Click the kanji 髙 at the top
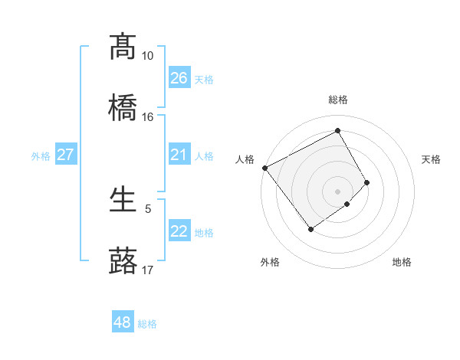click(123, 47)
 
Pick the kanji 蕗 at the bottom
click(123, 260)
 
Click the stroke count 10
click(147, 56)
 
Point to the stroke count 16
click(147, 117)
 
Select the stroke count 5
click(148, 208)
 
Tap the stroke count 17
click(147, 270)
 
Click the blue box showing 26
click(179, 77)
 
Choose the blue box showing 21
click(179, 155)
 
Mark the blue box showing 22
click(179, 231)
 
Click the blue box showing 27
click(65, 155)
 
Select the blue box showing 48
click(123, 322)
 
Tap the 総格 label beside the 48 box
click(147, 324)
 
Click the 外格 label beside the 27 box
click(41, 156)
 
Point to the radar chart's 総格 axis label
click(338, 100)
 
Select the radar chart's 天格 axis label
click(432, 159)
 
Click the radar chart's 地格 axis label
click(402, 263)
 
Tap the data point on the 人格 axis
click(264, 168)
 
